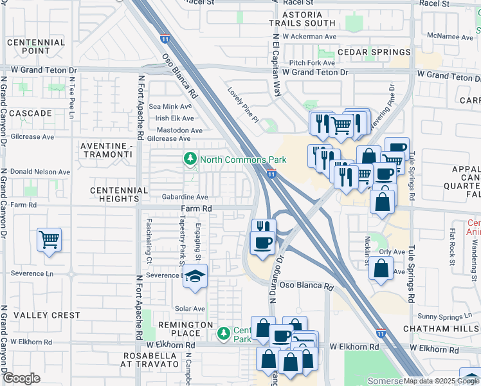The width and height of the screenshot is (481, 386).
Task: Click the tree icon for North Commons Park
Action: pyautogui.click(x=190, y=158)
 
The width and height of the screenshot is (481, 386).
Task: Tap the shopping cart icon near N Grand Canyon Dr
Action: pyautogui.click(x=50, y=241)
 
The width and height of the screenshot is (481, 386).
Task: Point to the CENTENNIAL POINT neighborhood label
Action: pyautogui.click(x=36, y=46)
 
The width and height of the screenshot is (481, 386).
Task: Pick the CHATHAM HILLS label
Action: pyautogui.click(x=441, y=329)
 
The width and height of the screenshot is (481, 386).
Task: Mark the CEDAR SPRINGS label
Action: pyautogui.click(x=374, y=52)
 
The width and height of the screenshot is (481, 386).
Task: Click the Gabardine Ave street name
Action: pyautogui.click(x=185, y=197)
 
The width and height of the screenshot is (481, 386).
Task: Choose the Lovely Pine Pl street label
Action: pyautogui.click(x=243, y=105)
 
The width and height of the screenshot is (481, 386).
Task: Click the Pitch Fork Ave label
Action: pyautogui.click(x=312, y=62)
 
